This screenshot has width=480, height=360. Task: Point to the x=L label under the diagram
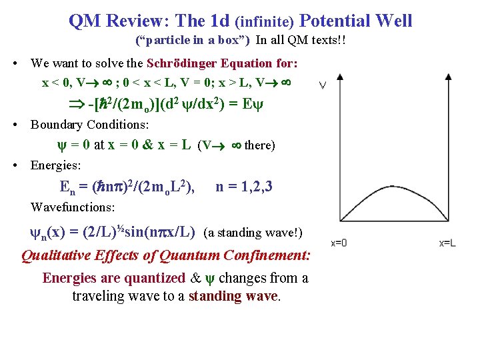(x=447, y=244)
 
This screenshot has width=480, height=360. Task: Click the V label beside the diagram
(x=323, y=85)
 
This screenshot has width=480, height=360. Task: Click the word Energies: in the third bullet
(x=56, y=165)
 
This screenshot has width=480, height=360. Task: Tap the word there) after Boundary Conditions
(x=260, y=145)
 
